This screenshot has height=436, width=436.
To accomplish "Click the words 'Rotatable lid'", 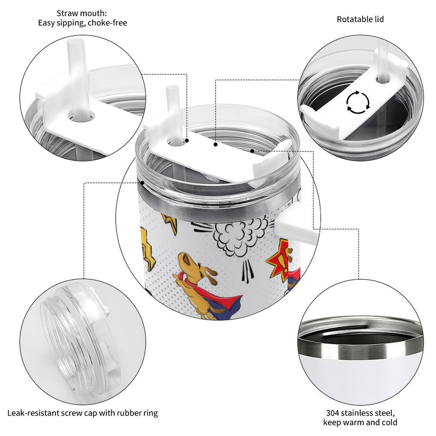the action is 360,19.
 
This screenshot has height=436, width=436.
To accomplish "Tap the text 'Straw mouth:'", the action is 81,14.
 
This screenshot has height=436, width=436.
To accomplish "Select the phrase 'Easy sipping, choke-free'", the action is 83,23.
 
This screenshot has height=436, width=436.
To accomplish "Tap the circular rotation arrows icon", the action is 358,102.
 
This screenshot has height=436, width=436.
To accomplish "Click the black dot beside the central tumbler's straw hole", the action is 187,141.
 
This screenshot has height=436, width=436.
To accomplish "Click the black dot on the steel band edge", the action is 142,183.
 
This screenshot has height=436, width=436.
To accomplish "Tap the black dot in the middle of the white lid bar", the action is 216,144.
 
